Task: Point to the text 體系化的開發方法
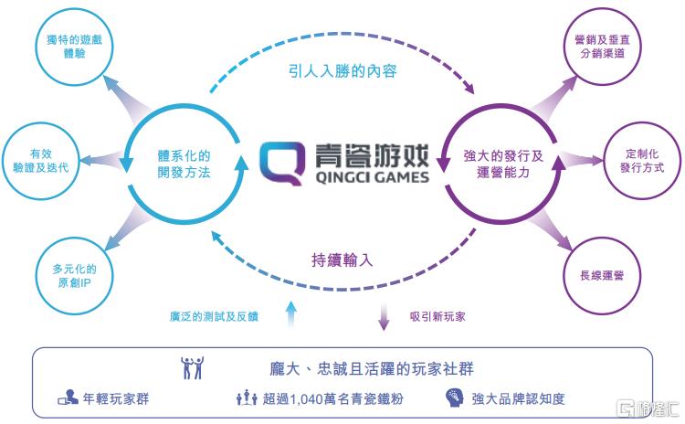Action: (x=184, y=163)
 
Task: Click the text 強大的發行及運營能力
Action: (x=503, y=163)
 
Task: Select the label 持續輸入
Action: (x=342, y=259)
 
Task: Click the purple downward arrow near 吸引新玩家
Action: (x=384, y=317)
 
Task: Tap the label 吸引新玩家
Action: (x=437, y=316)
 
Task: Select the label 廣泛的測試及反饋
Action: (x=215, y=316)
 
